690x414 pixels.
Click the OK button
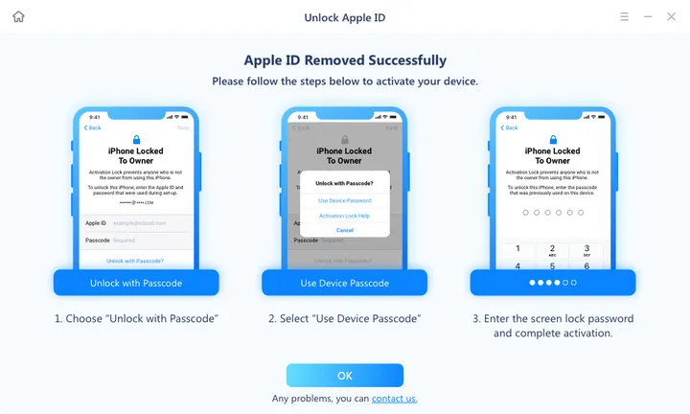point(344,376)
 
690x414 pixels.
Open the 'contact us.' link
point(394,399)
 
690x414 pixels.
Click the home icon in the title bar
point(18,16)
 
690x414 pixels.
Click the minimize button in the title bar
point(648,16)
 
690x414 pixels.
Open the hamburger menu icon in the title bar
point(624,16)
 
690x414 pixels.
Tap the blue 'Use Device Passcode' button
point(344,283)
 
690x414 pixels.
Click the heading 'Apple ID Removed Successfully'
point(345,60)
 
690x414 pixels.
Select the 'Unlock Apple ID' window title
point(344,17)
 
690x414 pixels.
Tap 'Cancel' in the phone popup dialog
point(345,230)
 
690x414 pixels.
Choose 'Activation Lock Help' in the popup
point(345,216)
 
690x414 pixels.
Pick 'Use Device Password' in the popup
point(345,200)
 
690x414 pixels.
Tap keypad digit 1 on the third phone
point(518,249)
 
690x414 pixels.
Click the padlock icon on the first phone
point(135,139)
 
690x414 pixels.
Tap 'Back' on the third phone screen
point(509,127)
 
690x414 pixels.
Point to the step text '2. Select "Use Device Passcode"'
point(344,318)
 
